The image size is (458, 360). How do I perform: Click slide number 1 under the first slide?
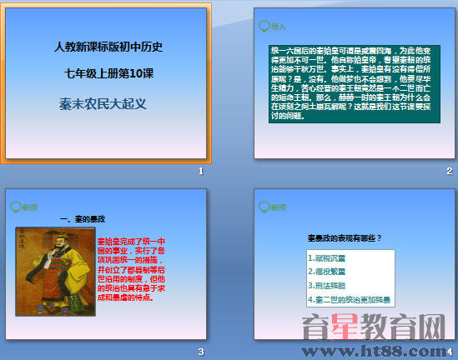click(200, 171)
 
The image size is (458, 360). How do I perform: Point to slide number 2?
click(449, 171)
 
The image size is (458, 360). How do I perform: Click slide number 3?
click(200, 351)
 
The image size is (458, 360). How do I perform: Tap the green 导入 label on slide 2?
click(278, 27)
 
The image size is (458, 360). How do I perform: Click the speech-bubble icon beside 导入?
click(264, 26)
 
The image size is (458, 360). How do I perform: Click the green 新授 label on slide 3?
click(29, 207)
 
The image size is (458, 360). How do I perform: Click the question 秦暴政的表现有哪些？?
click(344, 238)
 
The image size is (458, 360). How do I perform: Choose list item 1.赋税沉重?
click(326, 258)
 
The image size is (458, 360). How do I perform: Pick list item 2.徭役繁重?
click(326, 272)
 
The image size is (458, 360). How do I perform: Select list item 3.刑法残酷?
click(326, 285)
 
